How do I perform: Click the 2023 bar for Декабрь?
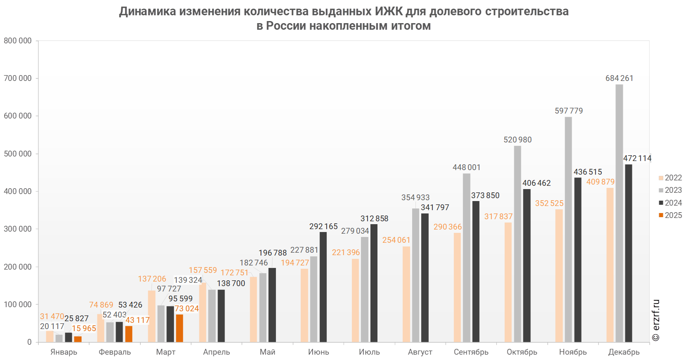tap(619, 213)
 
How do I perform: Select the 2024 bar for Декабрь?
tap(629, 253)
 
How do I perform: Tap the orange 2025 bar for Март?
tap(179, 328)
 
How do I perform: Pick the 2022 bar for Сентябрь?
tap(457, 287)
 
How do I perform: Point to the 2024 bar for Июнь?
tap(323, 287)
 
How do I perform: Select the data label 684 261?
tap(619, 78)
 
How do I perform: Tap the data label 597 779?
tap(569, 111)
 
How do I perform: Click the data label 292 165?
tap(323, 226)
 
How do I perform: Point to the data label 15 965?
tap(84, 328)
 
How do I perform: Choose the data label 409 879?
tap(600, 182)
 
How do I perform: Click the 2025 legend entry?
tap(670, 215)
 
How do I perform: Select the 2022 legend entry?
tap(670, 178)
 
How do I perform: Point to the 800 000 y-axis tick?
tap(18, 40)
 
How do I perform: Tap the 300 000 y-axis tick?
tap(18, 229)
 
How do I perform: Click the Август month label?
tap(420, 352)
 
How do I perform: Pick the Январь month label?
tap(64, 352)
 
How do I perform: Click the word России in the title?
tap(286, 26)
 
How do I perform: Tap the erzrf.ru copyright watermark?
tap(656, 320)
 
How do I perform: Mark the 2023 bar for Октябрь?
tap(517, 244)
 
